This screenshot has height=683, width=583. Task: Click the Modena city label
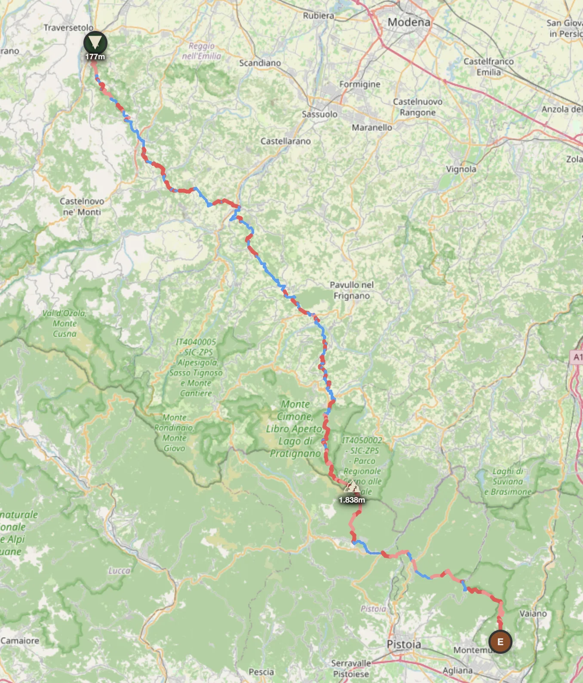[x=408, y=22]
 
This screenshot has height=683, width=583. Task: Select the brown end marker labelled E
[x=500, y=642]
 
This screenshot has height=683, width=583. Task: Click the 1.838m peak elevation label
[x=352, y=500]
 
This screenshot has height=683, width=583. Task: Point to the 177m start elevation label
[x=95, y=57]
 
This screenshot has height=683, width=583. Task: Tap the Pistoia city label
[x=404, y=644]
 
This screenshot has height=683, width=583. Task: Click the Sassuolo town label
[x=319, y=114]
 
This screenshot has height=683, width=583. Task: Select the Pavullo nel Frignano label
[x=352, y=290]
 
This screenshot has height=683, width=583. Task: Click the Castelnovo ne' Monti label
[x=82, y=206]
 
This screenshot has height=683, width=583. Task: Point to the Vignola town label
[x=461, y=169]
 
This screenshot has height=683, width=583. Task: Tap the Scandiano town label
[x=260, y=63]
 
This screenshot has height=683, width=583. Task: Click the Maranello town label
[x=372, y=128]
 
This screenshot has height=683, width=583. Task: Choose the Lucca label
[x=119, y=571]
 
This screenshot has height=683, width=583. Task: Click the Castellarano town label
[x=285, y=141]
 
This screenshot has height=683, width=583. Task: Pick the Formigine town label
[x=359, y=84]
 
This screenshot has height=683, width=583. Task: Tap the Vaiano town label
[x=533, y=613]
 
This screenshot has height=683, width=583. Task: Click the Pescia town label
[x=261, y=672]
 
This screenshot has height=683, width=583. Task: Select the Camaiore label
[x=20, y=640]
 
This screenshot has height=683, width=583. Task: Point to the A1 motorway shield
[x=577, y=357]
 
